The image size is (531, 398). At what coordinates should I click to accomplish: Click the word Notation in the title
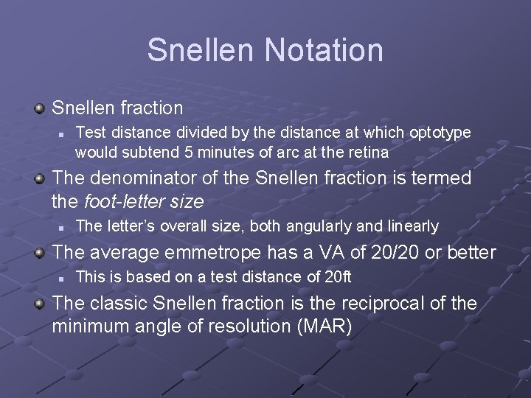(x=324, y=50)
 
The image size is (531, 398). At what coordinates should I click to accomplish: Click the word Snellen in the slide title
(x=201, y=50)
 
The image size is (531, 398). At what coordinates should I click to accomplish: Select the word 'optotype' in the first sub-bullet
(x=440, y=133)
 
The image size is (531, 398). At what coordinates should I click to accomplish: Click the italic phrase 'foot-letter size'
(x=144, y=201)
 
